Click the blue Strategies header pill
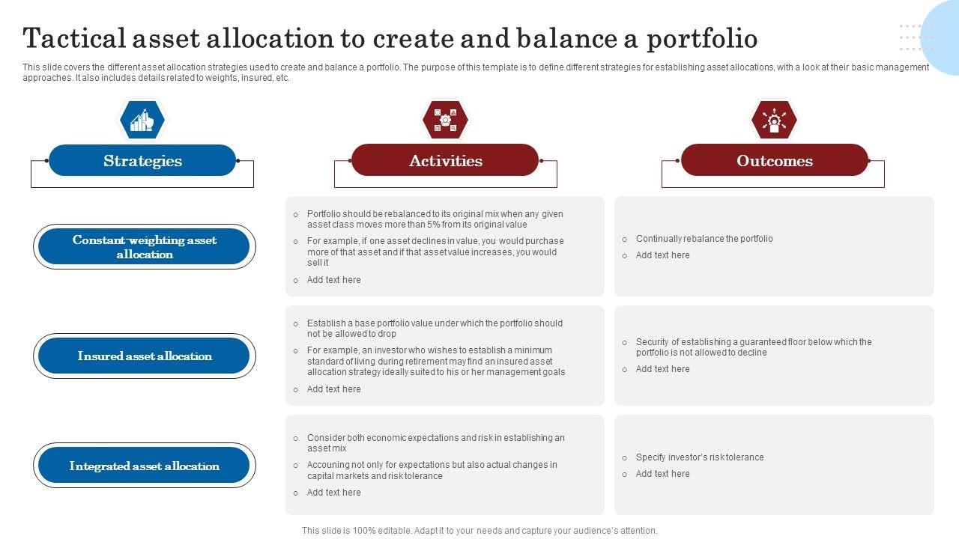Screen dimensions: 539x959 pos(142,161)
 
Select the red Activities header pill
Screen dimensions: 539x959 pos(445,161)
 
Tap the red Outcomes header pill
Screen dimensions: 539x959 pos(774,161)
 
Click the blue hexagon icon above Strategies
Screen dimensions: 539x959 pos(142,120)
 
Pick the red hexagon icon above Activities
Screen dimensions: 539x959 pos(445,120)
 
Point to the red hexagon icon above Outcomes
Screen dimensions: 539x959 pos(774,120)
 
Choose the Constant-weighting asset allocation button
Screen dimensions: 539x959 pos(144,247)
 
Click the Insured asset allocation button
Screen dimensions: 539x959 pos(144,356)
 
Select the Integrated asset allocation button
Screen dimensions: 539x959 pos(144,466)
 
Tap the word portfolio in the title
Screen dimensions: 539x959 pos(702,38)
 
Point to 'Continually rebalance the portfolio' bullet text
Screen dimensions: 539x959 pos(704,239)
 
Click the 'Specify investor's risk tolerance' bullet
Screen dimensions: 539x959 pos(699,457)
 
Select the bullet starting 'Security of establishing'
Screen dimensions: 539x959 pos(753,347)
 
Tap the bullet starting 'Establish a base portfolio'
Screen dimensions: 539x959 pos(434,329)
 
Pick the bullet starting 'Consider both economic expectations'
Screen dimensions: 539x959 pos(435,443)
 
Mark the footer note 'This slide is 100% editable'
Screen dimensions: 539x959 pos(479,531)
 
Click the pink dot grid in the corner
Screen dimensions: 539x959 pos(916,37)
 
